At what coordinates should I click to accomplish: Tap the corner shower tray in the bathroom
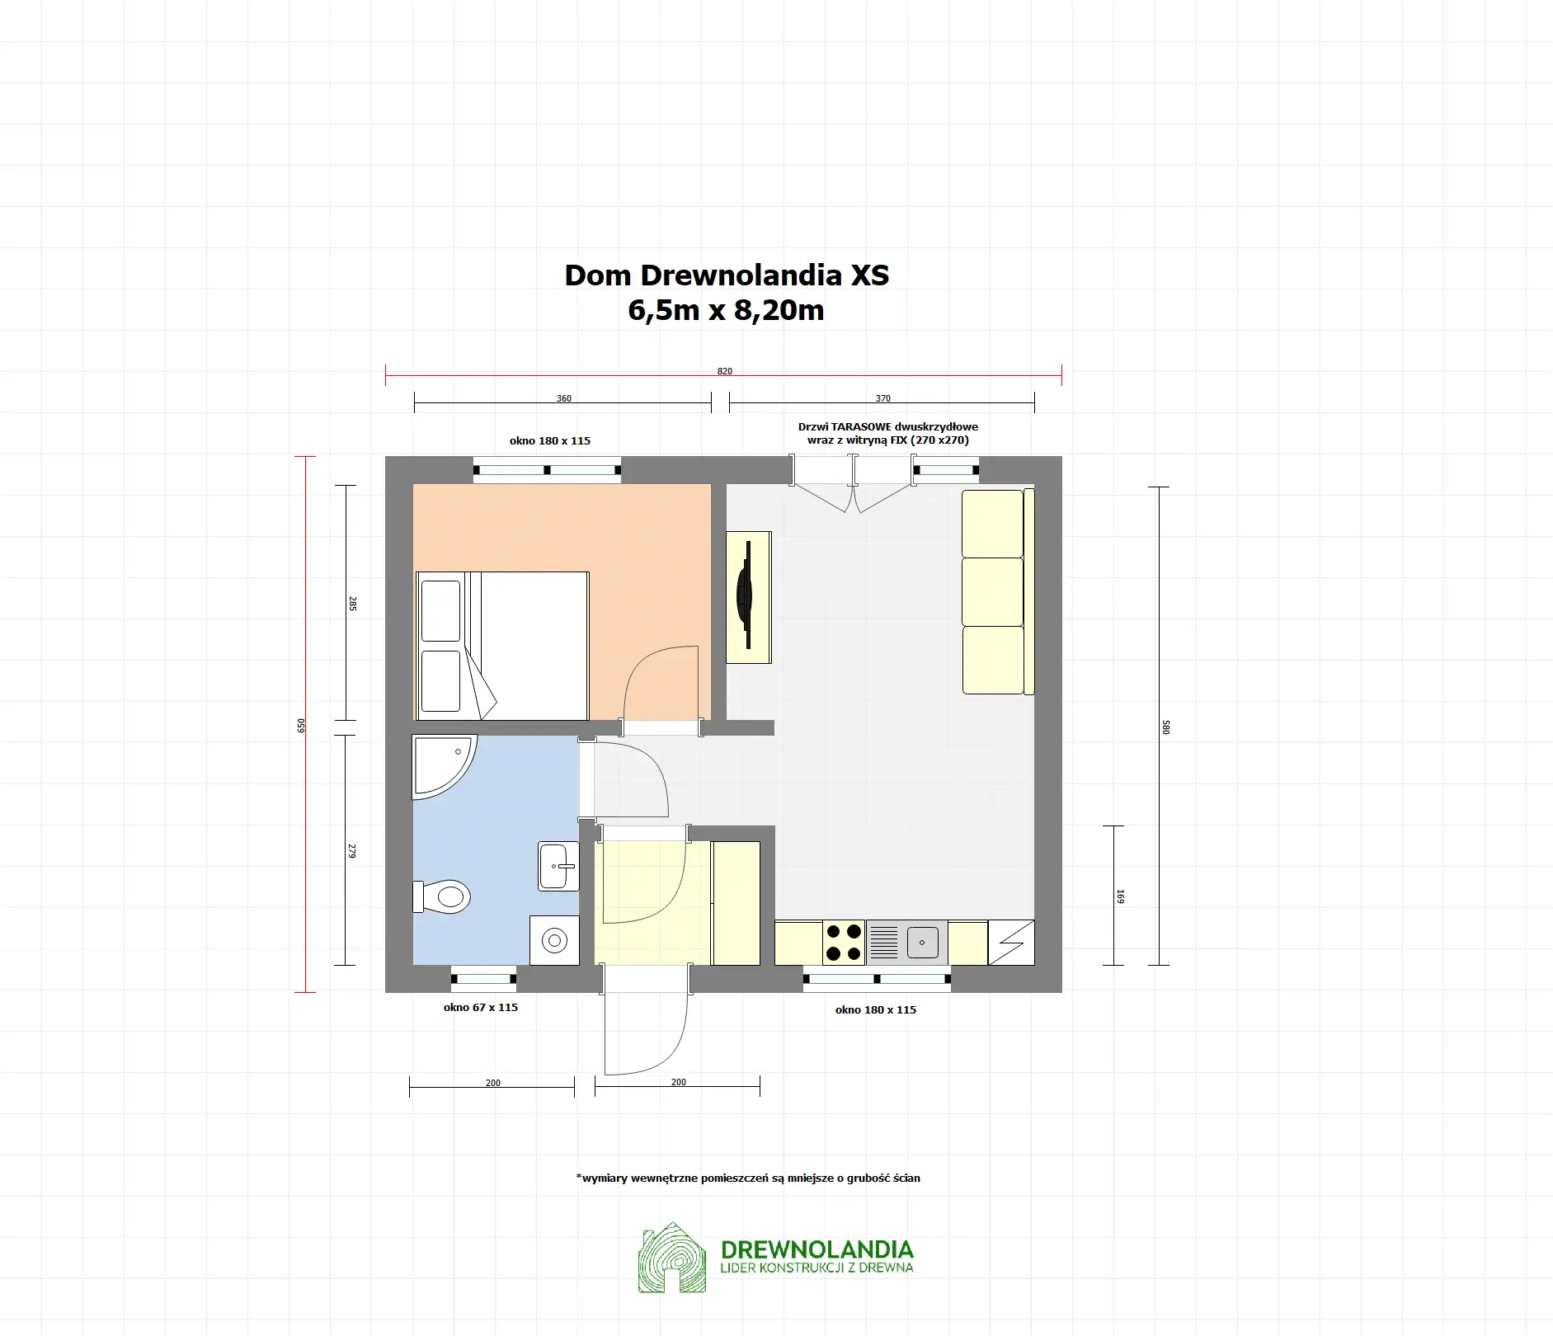(x=437, y=763)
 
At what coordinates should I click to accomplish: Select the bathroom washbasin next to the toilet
(x=558, y=866)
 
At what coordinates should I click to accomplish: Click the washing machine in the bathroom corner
(x=554, y=940)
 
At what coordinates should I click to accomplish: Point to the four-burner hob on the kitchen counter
(x=844, y=943)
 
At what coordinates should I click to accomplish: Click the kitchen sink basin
(x=923, y=942)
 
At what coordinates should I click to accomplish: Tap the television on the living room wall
(x=746, y=595)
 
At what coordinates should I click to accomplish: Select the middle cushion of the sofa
(x=992, y=591)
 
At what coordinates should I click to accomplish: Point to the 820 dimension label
(x=724, y=371)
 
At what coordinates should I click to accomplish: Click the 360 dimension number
(x=563, y=398)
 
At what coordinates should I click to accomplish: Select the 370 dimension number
(x=882, y=398)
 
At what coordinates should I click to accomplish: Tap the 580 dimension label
(x=1165, y=727)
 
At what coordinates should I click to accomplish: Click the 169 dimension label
(x=1119, y=896)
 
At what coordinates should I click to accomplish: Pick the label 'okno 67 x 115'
(x=481, y=1007)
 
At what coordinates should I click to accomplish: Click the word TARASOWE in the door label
(x=861, y=426)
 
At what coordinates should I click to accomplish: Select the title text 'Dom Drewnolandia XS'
(x=727, y=275)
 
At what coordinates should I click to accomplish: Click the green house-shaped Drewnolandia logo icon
(x=672, y=1257)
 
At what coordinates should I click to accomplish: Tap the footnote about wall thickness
(x=748, y=1178)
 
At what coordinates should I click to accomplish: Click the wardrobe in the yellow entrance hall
(x=736, y=903)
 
